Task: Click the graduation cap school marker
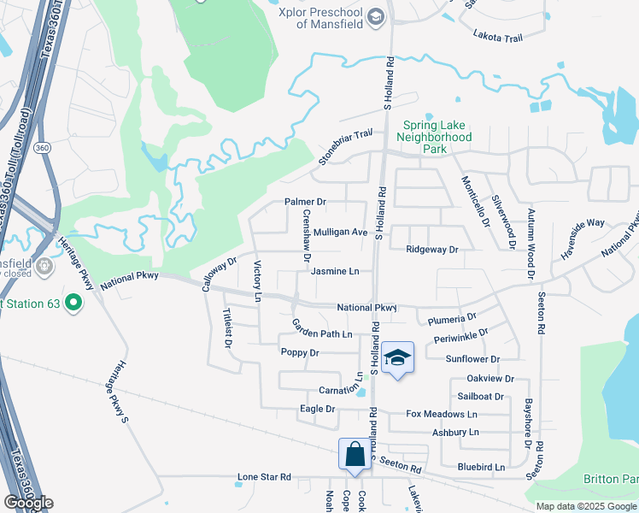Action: [397, 357]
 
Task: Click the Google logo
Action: [28, 503]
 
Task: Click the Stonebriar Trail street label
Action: [346, 147]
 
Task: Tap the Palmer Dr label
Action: [305, 203]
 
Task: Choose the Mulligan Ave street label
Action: [340, 232]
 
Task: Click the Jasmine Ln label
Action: [335, 272]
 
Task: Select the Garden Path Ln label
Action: [322, 329]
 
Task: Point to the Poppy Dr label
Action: [300, 352]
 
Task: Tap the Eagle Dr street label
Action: [318, 409]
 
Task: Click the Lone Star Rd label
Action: [264, 477]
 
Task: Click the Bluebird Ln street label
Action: [481, 467]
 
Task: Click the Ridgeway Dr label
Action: [432, 250]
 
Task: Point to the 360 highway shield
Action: [40, 148]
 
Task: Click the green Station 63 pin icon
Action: [73, 303]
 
